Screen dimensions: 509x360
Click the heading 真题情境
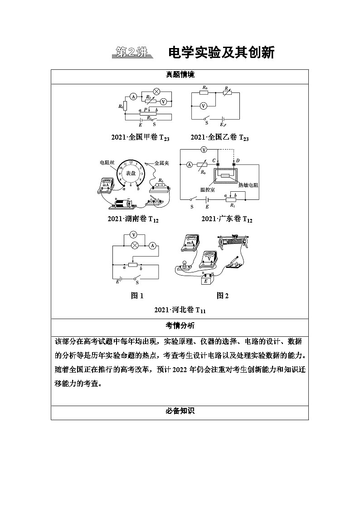[x=180, y=76]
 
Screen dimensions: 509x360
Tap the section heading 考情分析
[x=180, y=325]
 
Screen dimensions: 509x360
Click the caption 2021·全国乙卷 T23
[x=219, y=137]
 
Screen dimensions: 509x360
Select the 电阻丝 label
[x=107, y=162]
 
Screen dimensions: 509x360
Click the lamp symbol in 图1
[x=134, y=245]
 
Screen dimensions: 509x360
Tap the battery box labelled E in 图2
[x=206, y=281]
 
